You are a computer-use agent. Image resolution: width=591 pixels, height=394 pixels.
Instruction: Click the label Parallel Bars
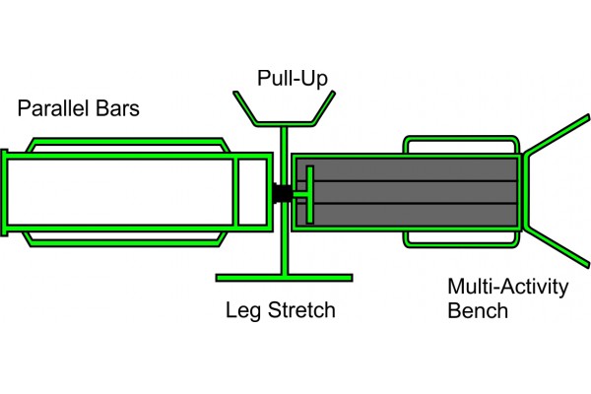[78, 108]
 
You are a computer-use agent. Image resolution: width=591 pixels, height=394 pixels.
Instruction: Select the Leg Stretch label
[281, 311]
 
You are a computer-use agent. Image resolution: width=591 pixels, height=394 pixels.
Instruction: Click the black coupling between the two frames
[282, 192]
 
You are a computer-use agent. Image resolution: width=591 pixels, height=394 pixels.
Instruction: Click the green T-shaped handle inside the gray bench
[307, 193]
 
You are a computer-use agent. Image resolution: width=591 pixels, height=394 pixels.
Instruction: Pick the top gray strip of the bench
[414, 167]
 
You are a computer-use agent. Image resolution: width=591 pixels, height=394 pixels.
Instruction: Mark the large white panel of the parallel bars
[118, 192]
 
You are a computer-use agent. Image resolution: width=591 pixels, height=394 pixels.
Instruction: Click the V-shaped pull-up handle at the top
[283, 108]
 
